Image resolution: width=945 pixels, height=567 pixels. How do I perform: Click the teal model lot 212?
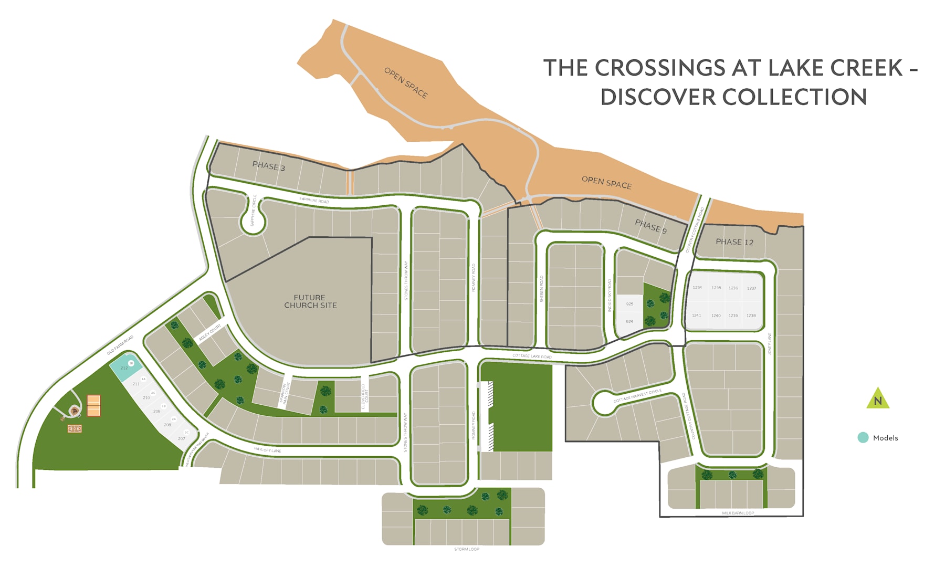pos(125,367)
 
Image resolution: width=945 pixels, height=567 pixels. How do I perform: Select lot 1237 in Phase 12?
pos(752,288)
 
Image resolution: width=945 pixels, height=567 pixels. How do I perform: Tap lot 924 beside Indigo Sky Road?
pos(629,321)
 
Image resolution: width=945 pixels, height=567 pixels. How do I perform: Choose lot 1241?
pos(697,316)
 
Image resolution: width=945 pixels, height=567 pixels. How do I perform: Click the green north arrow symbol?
pos(878,399)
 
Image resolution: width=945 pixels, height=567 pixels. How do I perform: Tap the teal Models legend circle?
pos(863,437)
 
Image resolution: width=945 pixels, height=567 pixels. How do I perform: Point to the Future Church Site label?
pos(310,301)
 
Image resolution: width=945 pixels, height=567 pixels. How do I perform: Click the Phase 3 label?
pos(268,166)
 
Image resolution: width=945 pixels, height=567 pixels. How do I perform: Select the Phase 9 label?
pos(650,226)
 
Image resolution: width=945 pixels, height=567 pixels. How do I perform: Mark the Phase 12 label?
pos(734,242)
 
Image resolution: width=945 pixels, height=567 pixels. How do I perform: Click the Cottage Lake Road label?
pos(532,356)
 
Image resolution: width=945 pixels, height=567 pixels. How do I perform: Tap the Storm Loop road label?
pos(467,549)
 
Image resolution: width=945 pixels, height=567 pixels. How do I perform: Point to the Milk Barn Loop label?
pos(738,513)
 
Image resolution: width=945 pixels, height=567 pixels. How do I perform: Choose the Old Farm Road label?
pos(120,345)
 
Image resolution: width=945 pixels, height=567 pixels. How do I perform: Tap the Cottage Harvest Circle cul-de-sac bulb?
pos(604,403)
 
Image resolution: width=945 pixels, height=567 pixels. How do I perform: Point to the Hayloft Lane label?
pos(267,450)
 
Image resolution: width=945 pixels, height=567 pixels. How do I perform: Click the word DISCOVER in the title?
pos(658,98)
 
